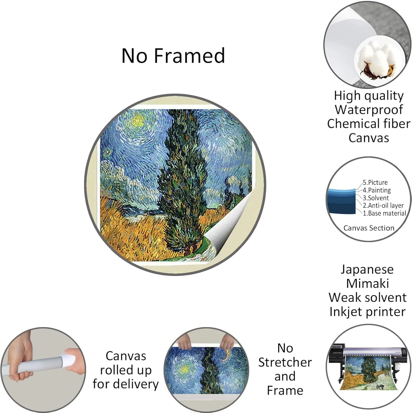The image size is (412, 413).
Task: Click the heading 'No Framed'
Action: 173,56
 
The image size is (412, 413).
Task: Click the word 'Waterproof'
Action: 369,110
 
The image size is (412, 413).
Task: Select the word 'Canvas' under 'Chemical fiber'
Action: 369,138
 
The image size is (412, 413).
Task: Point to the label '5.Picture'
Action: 375,183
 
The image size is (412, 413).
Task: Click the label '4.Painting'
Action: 377,190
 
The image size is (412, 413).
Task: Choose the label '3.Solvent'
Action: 376,198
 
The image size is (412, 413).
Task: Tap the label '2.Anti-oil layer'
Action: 383,205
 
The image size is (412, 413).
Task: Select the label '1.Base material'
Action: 384,213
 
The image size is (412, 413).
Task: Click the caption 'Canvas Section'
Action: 369,228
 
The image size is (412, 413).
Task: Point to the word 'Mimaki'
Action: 367,283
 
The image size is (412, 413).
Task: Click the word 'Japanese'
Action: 367,270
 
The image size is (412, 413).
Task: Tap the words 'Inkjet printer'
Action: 367,312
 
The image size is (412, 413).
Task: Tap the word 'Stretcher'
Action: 285,362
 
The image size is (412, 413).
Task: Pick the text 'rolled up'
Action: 126,370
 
